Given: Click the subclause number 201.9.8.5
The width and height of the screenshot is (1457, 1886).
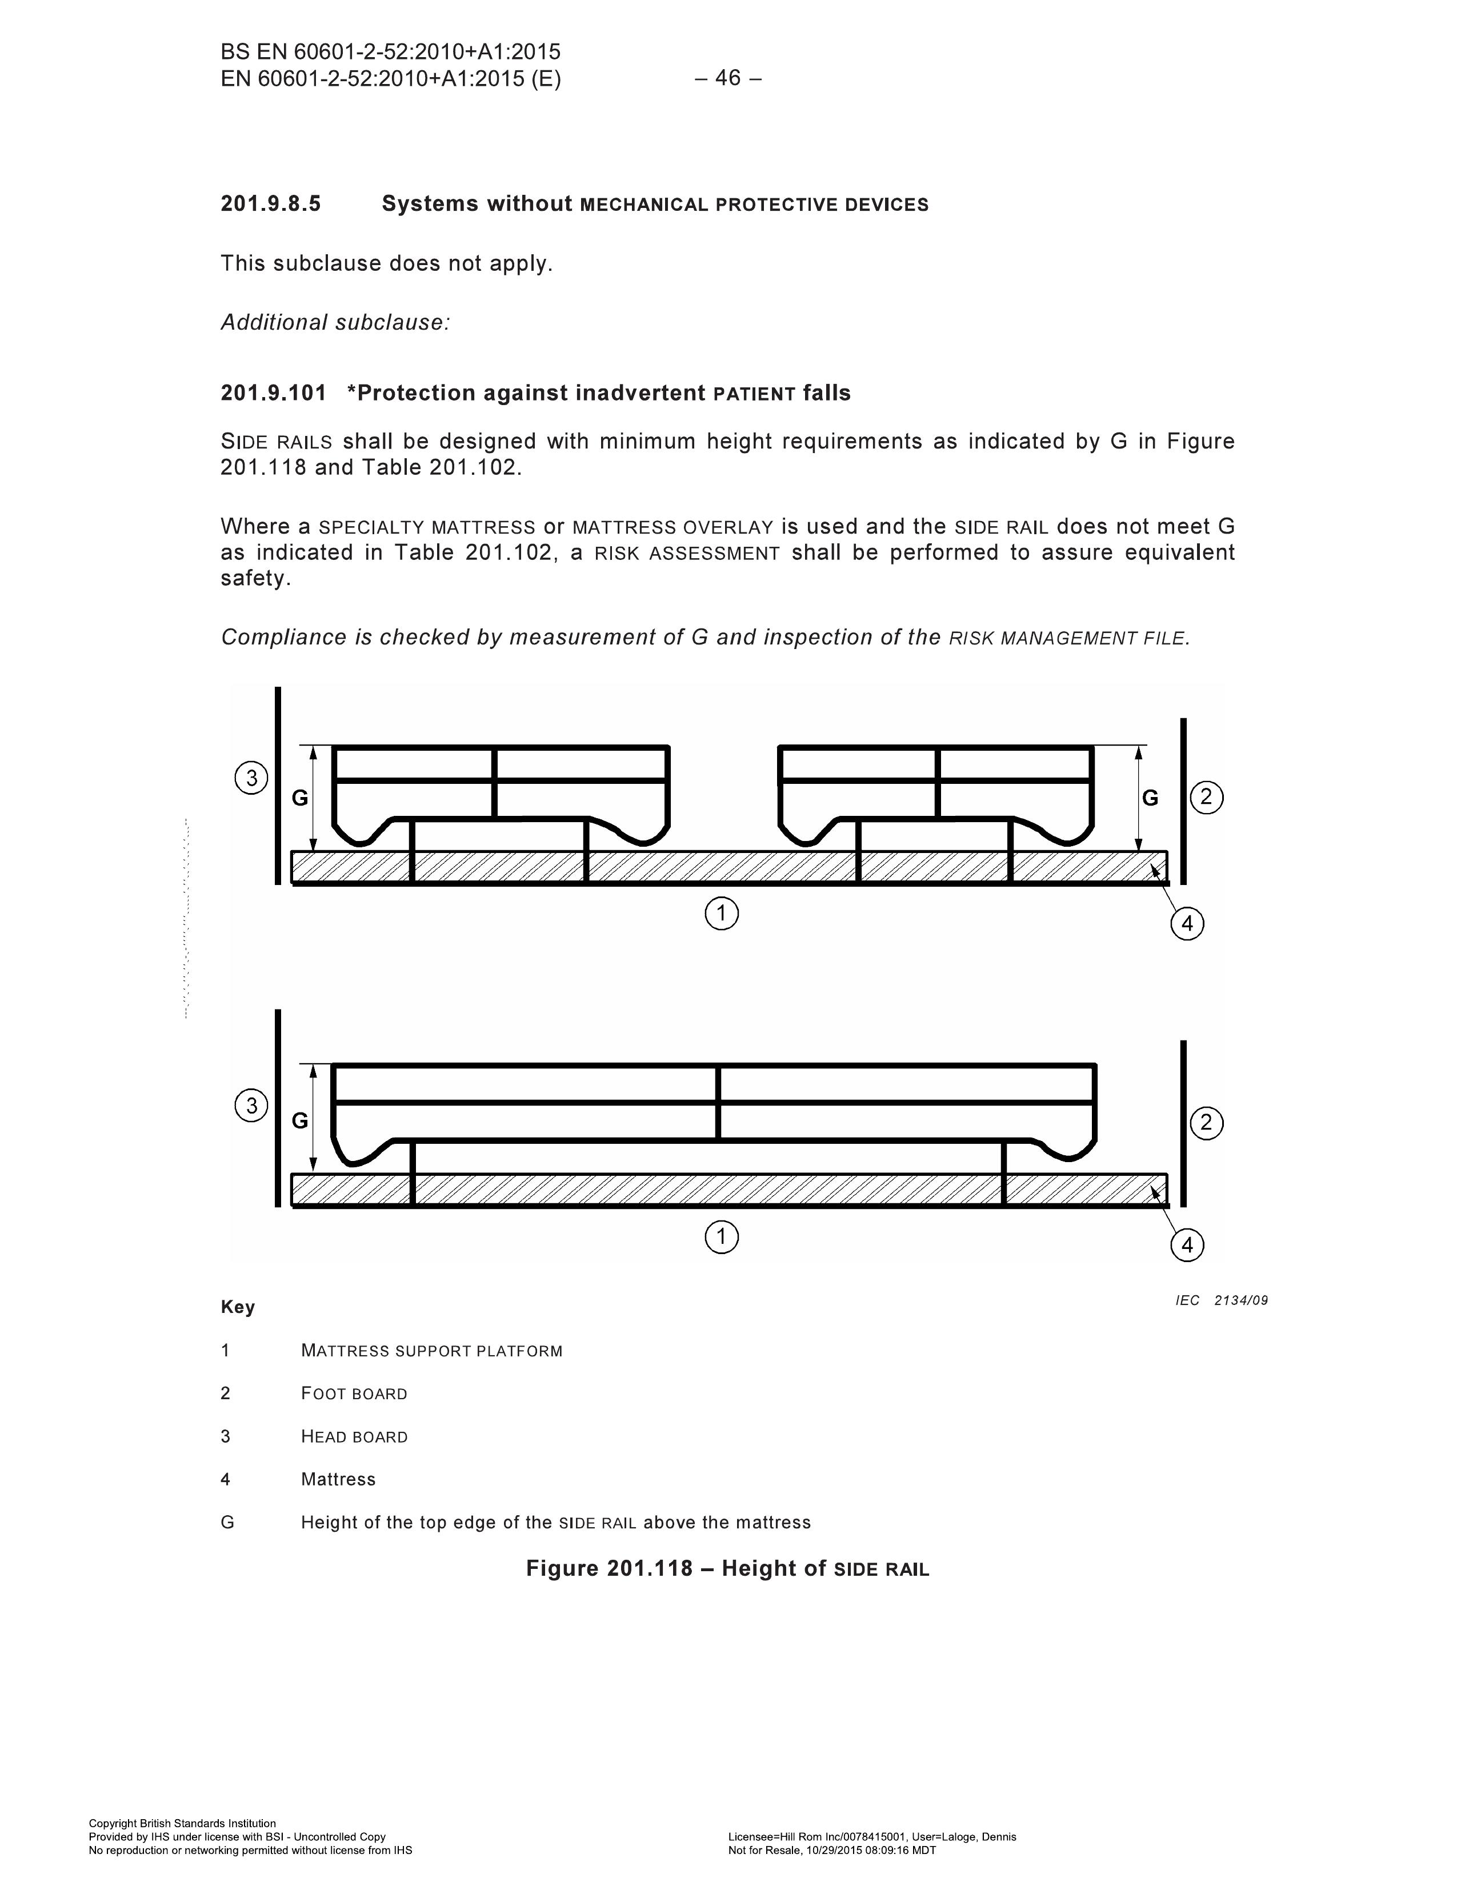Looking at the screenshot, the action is coord(270,204).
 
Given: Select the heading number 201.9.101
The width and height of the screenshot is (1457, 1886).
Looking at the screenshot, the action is coord(274,393).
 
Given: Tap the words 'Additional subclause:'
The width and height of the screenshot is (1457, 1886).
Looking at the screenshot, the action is coord(335,322).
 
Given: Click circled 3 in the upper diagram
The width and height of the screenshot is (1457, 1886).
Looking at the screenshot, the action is coord(251,778).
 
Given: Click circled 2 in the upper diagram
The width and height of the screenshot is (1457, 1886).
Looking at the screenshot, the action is coord(1207,796).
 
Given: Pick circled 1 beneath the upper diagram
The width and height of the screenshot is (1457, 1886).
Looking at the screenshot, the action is coord(722,913).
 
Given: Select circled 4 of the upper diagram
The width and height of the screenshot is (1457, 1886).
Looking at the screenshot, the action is coord(1187,924).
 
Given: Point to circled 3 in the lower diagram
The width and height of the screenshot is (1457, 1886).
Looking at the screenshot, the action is coord(251,1106).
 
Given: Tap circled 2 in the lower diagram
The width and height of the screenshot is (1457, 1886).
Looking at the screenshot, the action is coord(1207,1123).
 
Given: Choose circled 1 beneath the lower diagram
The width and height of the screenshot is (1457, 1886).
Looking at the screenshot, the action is coord(722,1238).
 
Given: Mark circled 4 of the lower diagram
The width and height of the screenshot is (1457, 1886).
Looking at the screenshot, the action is coord(1187,1246).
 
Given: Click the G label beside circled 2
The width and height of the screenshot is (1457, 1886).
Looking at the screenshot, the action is coord(1150,798).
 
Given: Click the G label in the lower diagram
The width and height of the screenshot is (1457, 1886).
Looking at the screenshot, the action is coord(300,1121).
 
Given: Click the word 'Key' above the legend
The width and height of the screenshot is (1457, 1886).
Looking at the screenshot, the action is coord(238,1307).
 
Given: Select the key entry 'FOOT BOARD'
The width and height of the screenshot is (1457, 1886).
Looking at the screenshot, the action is coord(354,1394).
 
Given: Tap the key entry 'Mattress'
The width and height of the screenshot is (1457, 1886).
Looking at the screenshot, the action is coord(339,1479).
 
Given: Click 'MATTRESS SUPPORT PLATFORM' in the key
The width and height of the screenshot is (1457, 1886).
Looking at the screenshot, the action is coord(432,1351).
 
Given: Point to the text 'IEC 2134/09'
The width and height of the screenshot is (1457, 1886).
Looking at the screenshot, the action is coord(1221,1300).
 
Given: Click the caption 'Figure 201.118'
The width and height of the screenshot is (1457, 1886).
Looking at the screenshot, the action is coord(609,1568).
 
